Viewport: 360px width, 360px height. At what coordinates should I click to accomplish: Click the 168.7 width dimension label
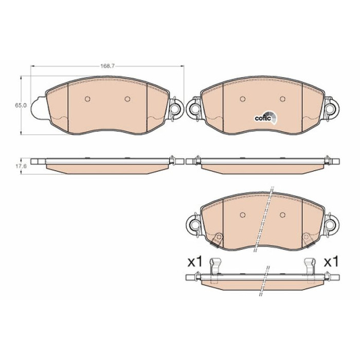click(107, 66)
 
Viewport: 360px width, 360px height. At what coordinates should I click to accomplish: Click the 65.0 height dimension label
click(21, 105)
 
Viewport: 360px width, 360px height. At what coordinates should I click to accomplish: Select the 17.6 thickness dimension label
click(21, 166)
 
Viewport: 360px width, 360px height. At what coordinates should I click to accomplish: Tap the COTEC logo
click(266, 118)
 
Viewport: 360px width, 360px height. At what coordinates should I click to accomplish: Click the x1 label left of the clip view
click(195, 262)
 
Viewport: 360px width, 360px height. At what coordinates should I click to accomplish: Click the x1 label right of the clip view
click(331, 262)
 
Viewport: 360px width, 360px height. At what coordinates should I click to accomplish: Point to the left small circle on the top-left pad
click(87, 99)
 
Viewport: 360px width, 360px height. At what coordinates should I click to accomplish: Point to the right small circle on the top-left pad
click(128, 99)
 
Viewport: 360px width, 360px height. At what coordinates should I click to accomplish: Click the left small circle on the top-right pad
click(242, 99)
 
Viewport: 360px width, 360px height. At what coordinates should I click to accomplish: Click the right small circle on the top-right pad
click(282, 99)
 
